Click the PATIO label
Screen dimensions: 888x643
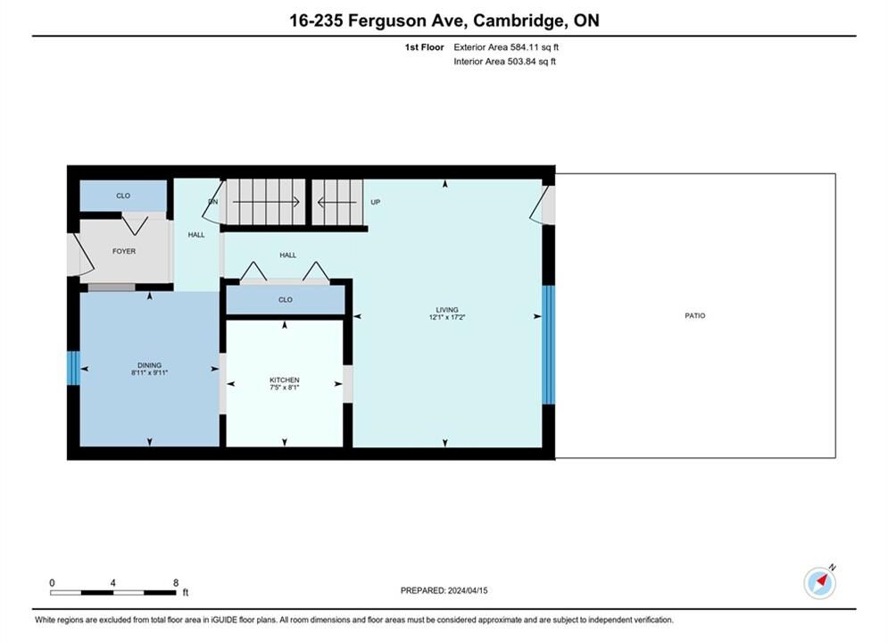(x=695, y=315)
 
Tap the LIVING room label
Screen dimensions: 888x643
(x=447, y=310)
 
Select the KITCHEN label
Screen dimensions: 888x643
(x=285, y=380)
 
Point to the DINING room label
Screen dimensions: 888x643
(x=150, y=365)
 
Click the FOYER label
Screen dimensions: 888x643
(x=124, y=251)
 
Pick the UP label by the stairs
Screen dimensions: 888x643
(x=376, y=202)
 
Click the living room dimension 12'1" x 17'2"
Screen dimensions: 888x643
(x=447, y=317)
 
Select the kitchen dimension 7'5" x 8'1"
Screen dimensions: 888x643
(x=285, y=388)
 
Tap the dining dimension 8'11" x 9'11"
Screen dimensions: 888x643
(x=150, y=372)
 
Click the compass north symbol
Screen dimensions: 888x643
(x=819, y=581)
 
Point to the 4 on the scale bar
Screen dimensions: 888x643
(x=113, y=582)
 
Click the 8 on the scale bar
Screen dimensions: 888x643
(x=176, y=582)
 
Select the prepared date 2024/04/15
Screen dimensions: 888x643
(x=468, y=590)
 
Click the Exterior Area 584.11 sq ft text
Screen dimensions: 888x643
(x=506, y=47)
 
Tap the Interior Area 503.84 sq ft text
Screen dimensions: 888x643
(x=504, y=62)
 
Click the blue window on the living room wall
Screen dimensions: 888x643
(x=548, y=345)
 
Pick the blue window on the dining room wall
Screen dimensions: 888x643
(x=73, y=368)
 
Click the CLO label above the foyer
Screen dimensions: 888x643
(x=123, y=196)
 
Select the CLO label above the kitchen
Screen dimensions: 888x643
(x=286, y=299)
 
